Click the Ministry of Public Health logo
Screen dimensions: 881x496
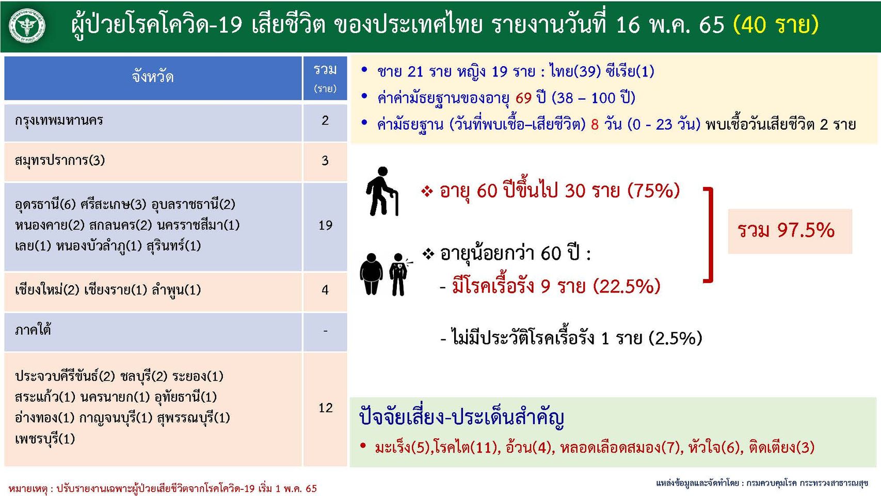27,26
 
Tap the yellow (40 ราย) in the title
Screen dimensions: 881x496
776,25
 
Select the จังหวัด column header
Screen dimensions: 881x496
153,78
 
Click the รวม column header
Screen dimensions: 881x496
325,78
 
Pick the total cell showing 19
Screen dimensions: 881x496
325,226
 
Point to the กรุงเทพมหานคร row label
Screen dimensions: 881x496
59,120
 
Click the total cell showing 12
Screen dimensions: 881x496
325,408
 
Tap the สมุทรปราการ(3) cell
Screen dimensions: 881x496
60,161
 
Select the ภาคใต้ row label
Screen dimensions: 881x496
33,330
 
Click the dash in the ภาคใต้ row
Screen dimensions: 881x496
325,331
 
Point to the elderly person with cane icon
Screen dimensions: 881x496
381,191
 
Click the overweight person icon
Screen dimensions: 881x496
371,274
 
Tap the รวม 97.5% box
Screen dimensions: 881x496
790,231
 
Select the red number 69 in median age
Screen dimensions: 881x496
523,98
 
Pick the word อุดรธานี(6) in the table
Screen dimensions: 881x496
45,205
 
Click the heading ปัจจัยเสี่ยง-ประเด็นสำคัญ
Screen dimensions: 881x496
461,417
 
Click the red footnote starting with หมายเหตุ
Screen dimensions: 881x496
163,489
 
